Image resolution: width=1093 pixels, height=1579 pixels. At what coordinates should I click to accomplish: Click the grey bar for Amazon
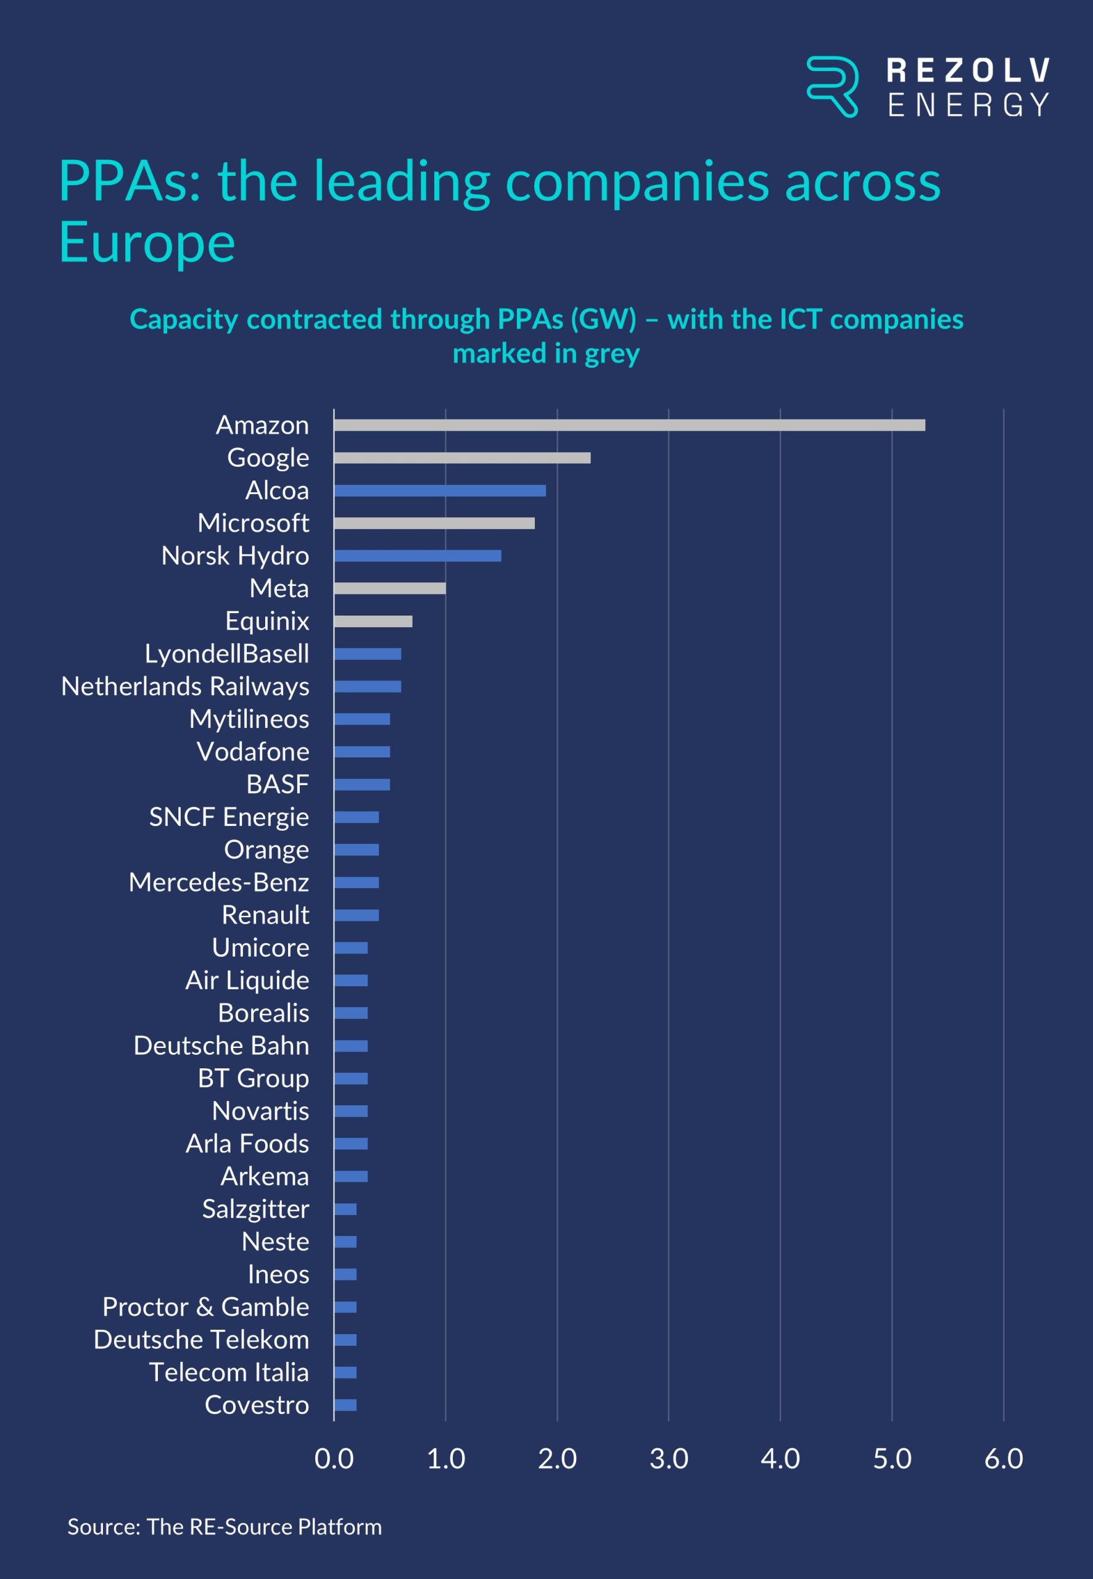coord(629,425)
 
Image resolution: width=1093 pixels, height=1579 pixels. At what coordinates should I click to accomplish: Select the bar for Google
coord(462,458)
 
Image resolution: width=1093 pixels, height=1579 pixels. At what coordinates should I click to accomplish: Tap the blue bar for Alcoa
coord(440,491)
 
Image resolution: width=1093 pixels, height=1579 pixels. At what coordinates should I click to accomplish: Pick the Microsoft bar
coord(434,523)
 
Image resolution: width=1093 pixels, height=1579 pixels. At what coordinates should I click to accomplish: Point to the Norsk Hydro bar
coord(418,556)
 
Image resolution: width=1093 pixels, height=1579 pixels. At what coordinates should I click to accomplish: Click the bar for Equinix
coord(373,621)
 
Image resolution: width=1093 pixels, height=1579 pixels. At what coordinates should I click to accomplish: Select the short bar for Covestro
coord(345,1405)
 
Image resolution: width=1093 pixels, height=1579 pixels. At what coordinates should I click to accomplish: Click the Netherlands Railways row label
coord(185,686)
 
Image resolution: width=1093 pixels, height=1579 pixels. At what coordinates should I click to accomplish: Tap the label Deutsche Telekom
coord(201,1339)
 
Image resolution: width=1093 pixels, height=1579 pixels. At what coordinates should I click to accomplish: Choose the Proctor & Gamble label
coord(205,1306)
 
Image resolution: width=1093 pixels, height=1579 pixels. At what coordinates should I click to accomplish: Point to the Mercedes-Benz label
coord(218,882)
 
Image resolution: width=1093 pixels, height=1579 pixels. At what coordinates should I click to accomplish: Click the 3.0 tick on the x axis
coord(669,1459)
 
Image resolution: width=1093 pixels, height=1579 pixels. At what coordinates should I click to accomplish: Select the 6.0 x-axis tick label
coord(1004,1459)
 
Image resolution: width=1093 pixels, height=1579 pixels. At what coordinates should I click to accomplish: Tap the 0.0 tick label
coord(334,1459)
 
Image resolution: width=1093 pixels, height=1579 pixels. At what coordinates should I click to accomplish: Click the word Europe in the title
coord(147,242)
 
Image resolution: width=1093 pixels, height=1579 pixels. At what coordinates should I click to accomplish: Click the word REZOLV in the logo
coord(968,70)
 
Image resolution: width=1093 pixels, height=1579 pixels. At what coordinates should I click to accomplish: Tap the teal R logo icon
coord(832,87)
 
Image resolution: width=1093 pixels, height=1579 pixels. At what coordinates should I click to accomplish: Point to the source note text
coord(225,1527)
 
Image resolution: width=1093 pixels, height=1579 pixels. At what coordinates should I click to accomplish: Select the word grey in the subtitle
coord(611,353)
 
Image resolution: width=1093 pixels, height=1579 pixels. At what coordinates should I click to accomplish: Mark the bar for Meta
coord(390,588)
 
